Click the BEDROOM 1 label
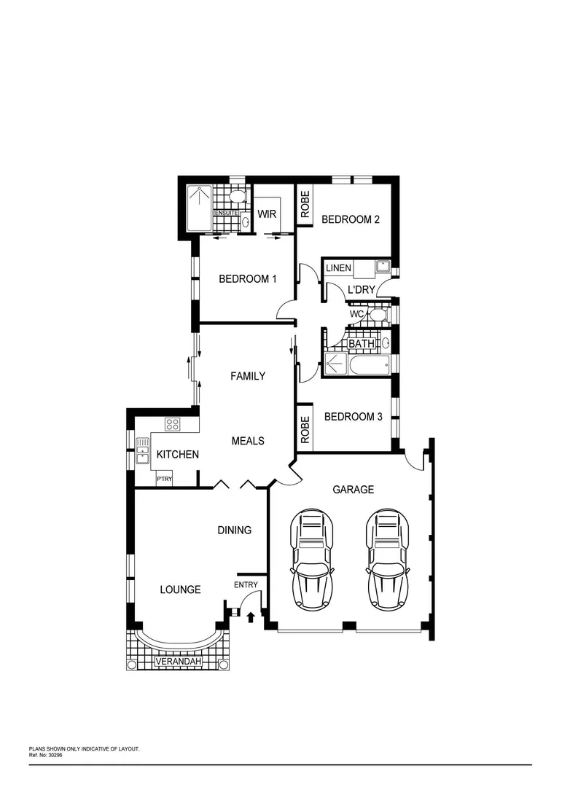click(248, 278)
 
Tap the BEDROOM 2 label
click(351, 219)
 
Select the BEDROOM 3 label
click(353, 417)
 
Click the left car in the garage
click(313, 559)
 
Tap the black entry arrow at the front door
click(251, 617)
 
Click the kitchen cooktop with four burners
click(173, 423)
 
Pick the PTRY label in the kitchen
click(165, 479)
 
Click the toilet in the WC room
click(376, 315)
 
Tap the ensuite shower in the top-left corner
click(199, 208)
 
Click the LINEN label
click(338, 268)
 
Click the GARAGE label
click(353, 490)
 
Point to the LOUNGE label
click(180, 589)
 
